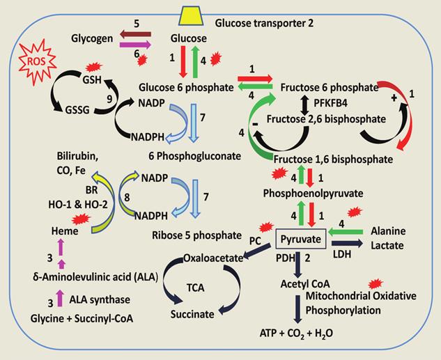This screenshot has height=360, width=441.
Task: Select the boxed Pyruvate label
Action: click(302, 240)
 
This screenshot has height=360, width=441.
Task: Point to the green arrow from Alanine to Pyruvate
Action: click(360, 231)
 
